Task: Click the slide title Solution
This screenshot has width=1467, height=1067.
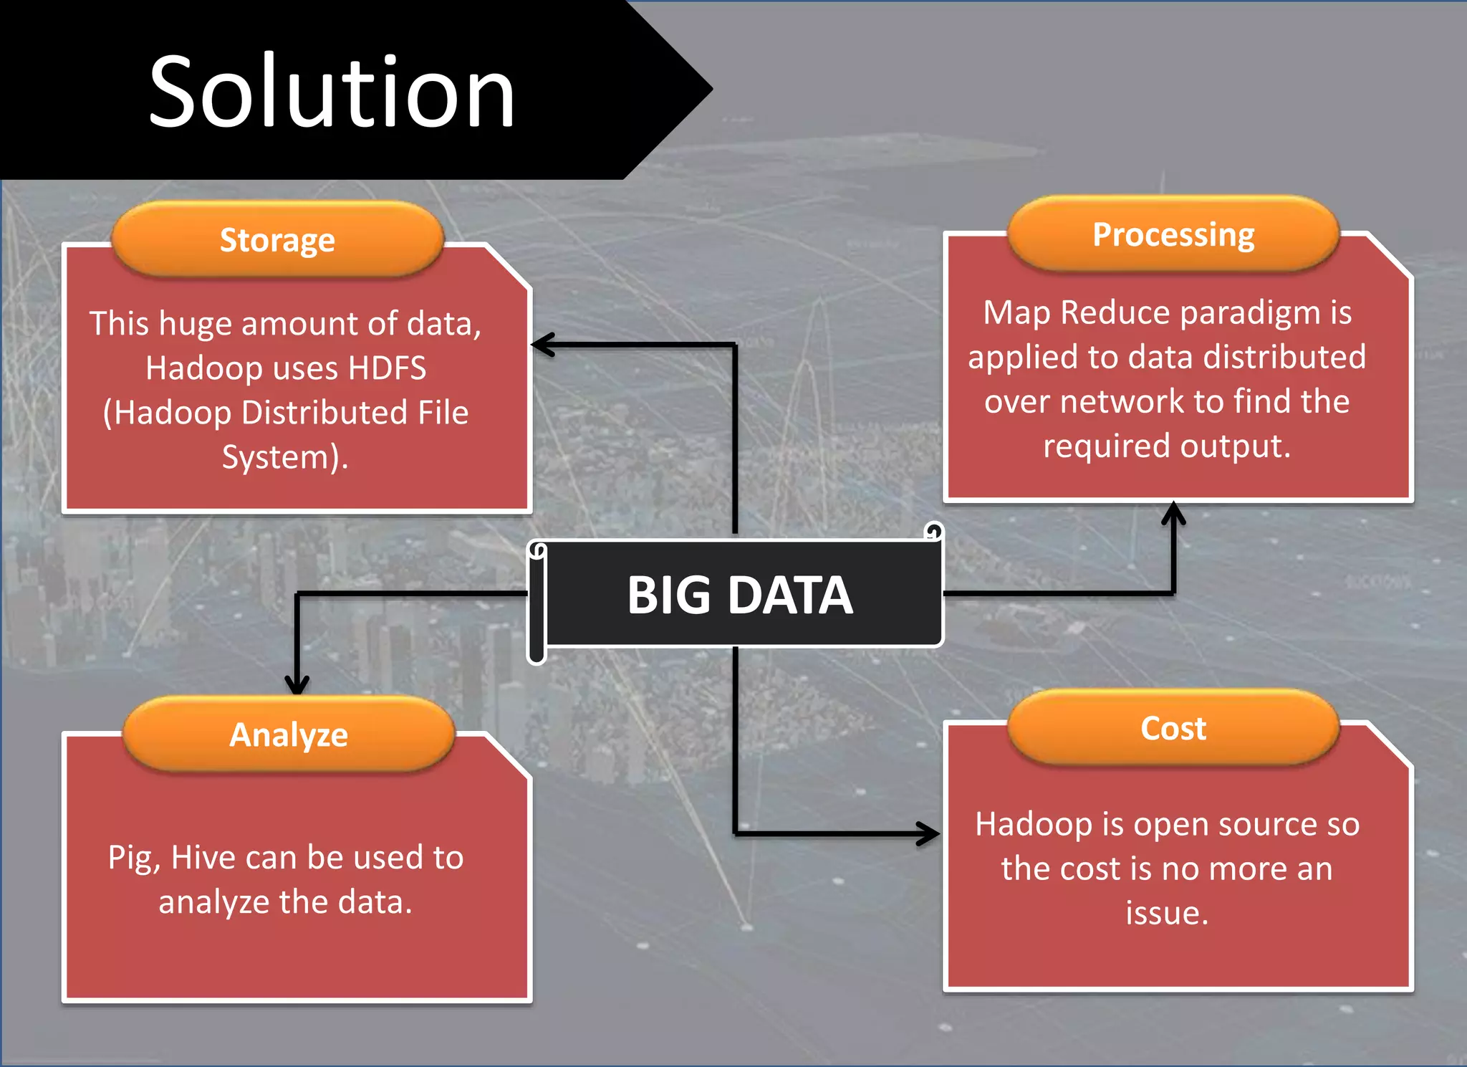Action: pyautogui.click(x=331, y=92)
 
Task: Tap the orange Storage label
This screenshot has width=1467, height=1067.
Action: pyautogui.click(x=277, y=239)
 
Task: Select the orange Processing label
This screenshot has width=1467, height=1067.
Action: pyautogui.click(x=1173, y=234)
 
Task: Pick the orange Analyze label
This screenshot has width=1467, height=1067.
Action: pyautogui.click(x=288, y=735)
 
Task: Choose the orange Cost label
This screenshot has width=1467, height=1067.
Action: pyautogui.click(x=1173, y=728)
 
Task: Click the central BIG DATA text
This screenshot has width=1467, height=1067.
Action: pyautogui.click(x=740, y=595)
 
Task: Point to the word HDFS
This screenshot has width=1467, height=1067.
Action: pyautogui.click(x=387, y=368)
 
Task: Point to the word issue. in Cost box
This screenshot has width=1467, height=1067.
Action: pyautogui.click(x=1167, y=913)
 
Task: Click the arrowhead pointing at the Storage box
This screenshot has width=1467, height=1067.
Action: pyautogui.click(x=542, y=345)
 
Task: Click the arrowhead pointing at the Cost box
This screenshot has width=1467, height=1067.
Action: pyautogui.click(x=929, y=833)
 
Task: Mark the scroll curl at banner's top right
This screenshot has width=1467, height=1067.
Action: pyautogui.click(x=933, y=531)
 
